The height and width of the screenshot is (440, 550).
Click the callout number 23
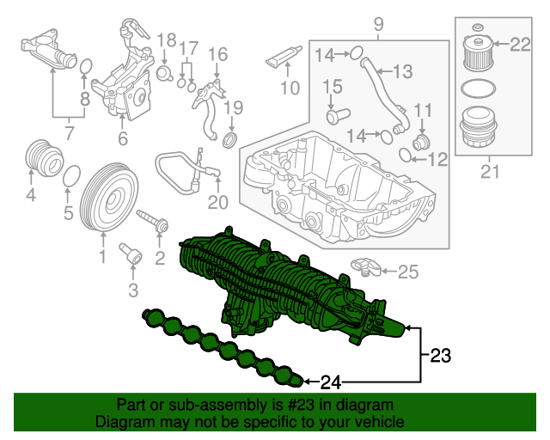click(440, 353)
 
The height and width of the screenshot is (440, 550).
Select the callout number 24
click(331, 381)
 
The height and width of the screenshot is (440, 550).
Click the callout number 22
click(522, 43)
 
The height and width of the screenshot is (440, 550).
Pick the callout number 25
click(408, 272)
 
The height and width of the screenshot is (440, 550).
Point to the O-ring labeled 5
click(72, 175)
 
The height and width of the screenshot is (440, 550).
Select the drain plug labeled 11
click(421, 139)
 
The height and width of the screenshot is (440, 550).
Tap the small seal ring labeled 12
click(406, 155)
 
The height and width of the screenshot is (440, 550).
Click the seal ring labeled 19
click(231, 140)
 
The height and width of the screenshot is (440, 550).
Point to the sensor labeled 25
click(367, 265)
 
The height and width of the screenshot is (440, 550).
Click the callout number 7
click(70, 133)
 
